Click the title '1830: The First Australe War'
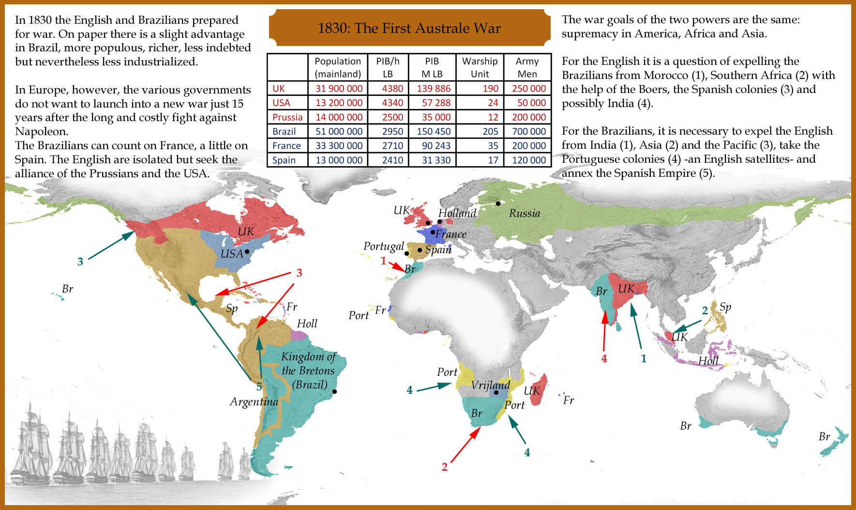409,28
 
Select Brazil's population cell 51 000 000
339,131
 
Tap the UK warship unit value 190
490,88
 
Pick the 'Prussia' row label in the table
287,117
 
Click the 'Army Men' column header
527,67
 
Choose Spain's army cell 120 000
528,160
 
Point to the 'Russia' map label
524,213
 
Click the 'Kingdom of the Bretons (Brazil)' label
309,371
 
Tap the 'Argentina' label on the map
254,402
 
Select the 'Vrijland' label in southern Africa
490,385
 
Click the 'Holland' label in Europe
457,213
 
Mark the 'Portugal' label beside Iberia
383,246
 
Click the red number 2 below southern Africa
444,467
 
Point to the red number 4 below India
604,358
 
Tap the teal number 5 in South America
259,386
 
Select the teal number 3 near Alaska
80,262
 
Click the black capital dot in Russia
498,203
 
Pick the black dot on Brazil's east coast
334,391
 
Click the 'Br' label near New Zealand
824,436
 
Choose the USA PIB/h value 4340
392,103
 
